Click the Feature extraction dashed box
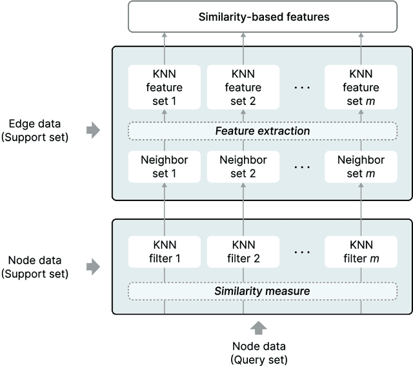262,131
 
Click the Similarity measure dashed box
262,291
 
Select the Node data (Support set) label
39,267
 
